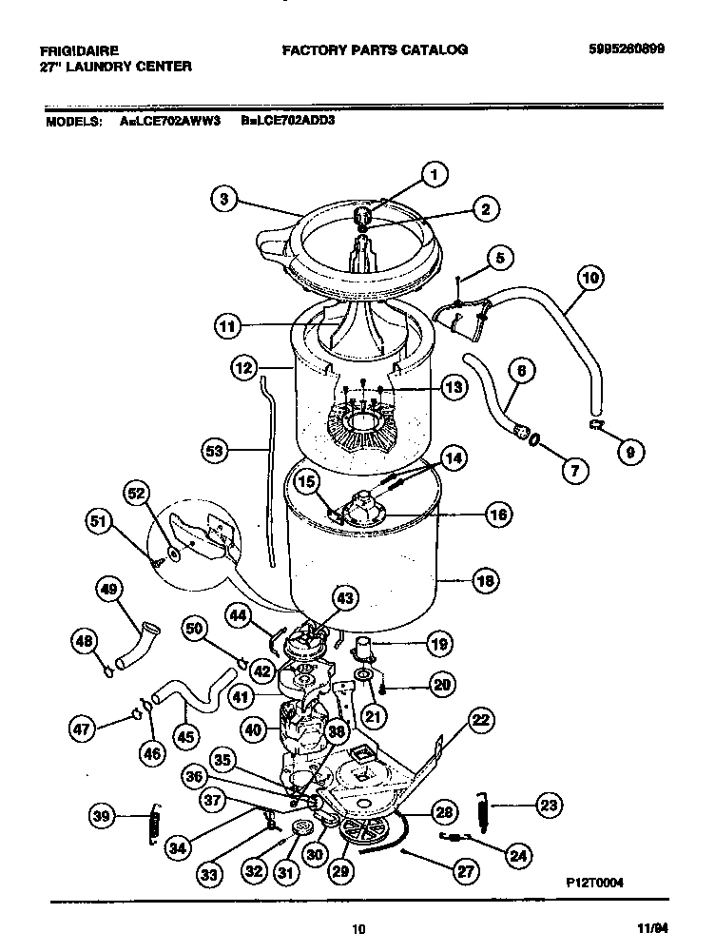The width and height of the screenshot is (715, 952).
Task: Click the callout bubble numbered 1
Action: click(434, 174)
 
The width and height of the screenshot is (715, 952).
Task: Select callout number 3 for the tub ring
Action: click(222, 199)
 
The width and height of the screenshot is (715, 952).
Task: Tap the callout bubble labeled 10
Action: click(590, 279)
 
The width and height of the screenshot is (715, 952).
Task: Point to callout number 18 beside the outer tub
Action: click(485, 580)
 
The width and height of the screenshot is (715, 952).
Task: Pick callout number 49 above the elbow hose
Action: click(109, 591)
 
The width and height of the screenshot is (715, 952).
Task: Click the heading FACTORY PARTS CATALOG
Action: click(375, 49)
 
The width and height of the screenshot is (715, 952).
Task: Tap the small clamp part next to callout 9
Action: click(597, 421)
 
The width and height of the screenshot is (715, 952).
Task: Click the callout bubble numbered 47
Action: click(84, 730)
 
